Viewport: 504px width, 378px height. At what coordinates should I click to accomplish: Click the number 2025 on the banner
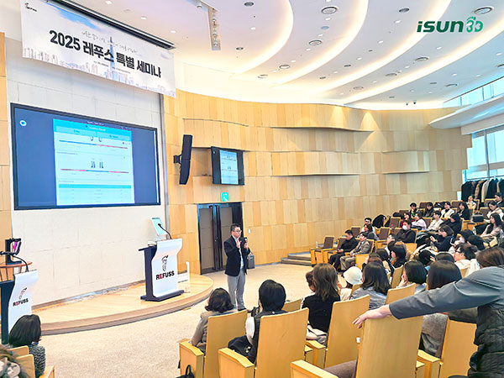coord(65,39)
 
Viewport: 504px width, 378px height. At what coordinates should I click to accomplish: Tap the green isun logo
coord(449,25)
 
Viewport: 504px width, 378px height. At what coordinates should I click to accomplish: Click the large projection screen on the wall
coord(85,156)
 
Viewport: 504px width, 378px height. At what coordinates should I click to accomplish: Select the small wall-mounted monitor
coord(227,165)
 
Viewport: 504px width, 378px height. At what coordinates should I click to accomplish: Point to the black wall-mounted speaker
coord(185,159)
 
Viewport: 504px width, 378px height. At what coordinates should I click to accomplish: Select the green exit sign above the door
coord(224,197)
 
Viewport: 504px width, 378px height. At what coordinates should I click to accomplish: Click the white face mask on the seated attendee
coord(406,227)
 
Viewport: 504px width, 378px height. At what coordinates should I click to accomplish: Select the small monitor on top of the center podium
coord(157,228)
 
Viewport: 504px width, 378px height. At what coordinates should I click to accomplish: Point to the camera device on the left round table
coord(12,249)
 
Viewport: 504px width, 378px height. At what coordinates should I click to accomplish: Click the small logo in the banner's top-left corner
coord(31,7)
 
